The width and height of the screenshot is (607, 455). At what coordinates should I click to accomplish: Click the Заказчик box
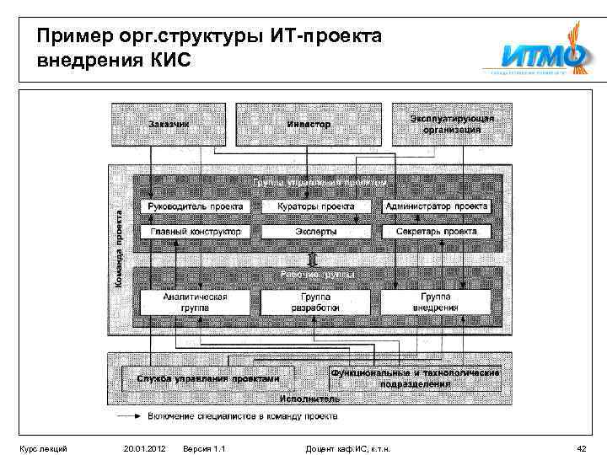[x=169, y=125]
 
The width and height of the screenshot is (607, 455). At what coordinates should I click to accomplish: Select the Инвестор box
[x=309, y=125]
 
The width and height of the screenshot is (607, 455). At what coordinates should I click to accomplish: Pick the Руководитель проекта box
[x=195, y=206]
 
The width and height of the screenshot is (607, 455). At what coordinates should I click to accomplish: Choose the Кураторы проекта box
[x=315, y=206]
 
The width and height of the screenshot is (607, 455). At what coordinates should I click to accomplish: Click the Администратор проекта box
[x=436, y=206]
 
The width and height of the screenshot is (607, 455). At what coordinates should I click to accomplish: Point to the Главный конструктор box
[x=195, y=231]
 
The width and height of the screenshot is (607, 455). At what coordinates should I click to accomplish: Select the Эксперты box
[x=315, y=231]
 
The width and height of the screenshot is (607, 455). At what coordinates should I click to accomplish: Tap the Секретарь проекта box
[x=436, y=231]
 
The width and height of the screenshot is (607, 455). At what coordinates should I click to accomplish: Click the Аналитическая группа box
[x=195, y=302]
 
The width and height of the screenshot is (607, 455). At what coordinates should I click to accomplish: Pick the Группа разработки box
[x=315, y=302]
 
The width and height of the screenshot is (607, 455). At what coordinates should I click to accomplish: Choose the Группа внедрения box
[x=436, y=302]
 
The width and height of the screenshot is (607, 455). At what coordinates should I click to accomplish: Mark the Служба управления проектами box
[x=207, y=378]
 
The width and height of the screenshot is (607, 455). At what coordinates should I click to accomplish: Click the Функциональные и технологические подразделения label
[x=415, y=377]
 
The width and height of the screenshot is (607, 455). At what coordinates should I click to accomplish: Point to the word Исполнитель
[x=310, y=399]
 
